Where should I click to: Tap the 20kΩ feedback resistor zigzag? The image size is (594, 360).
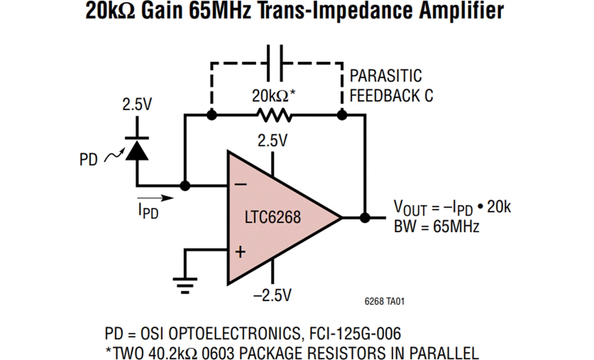(x=273, y=116)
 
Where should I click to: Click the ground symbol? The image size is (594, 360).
(x=185, y=284)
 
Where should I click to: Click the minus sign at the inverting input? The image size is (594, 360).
(x=240, y=185)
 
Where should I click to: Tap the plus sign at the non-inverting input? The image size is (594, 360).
(x=240, y=252)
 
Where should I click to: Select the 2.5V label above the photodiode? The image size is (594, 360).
(x=136, y=105)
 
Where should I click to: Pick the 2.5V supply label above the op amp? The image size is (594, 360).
(x=273, y=141)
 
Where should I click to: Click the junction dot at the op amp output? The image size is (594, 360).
(x=364, y=217)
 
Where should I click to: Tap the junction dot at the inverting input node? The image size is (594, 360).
(x=185, y=186)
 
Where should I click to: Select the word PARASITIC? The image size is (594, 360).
(x=386, y=76)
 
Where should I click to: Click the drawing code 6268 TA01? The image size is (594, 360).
(x=386, y=301)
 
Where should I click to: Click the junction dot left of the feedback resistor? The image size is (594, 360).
(x=211, y=116)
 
